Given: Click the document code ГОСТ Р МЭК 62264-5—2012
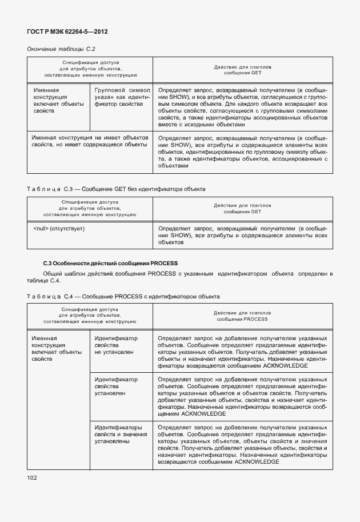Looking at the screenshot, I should pyautogui.click(x=67, y=31).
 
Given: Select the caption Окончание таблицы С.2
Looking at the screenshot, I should pyautogui.click(x=61, y=49).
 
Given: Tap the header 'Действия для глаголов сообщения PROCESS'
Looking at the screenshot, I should pyautogui.click(x=242, y=316).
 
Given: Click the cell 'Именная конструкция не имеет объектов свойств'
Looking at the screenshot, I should pyautogui.click(x=90, y=141).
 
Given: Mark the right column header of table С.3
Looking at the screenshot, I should pyautogui.click(x=242, y=208).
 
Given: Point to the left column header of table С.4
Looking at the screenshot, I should pyautogui.click(x=90, y=316).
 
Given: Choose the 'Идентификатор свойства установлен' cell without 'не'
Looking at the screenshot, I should pyautogui.click(x=116, y=386).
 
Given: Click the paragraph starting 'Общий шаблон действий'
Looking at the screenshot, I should pyautogui.click(x=180, y=277).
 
